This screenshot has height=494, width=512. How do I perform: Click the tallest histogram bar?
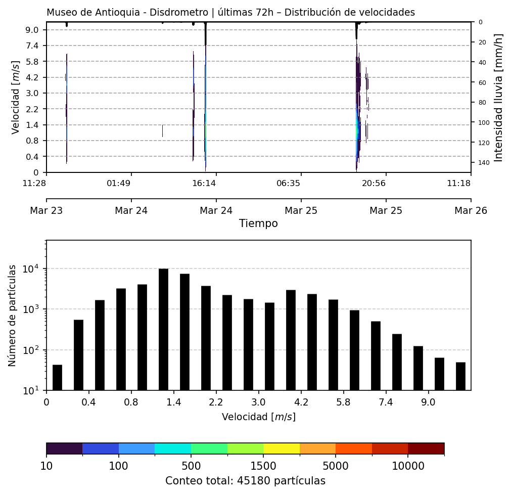tap(163, 329)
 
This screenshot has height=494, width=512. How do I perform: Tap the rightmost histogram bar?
tap(460, 376)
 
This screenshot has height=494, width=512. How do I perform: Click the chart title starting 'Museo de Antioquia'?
tap(230, 13)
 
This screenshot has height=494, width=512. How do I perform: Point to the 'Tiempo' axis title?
tap(258, 223)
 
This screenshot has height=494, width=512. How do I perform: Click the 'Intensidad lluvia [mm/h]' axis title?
tap(499, 98)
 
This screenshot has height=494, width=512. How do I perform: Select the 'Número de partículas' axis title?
tap(13, 315)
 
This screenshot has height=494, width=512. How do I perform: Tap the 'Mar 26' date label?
tap(471, 210)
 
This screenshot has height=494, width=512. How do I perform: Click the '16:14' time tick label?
tap(204, 183)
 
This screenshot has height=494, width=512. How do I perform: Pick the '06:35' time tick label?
tap(289, 183)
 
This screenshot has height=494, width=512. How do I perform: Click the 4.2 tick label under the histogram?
tap(301, 403)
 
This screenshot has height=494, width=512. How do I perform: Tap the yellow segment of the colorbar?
tap(282, 448)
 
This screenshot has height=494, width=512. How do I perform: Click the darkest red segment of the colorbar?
tap(426, 448)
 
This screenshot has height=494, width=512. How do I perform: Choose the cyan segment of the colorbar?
tap(173, 448)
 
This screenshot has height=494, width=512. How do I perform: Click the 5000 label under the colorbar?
tap(336, 466)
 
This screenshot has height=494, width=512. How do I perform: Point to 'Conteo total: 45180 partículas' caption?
tap(245, 481)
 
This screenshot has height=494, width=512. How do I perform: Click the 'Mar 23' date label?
tap(46, 210)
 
